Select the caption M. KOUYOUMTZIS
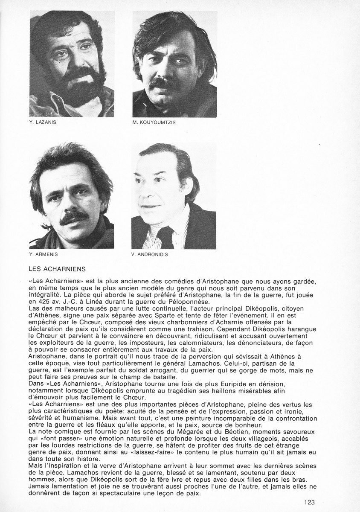pos(154,122)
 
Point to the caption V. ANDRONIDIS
pos(150,255)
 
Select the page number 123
pos(310,502)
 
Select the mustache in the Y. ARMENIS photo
pos(73,219)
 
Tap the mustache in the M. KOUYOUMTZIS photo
pos(164,84)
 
